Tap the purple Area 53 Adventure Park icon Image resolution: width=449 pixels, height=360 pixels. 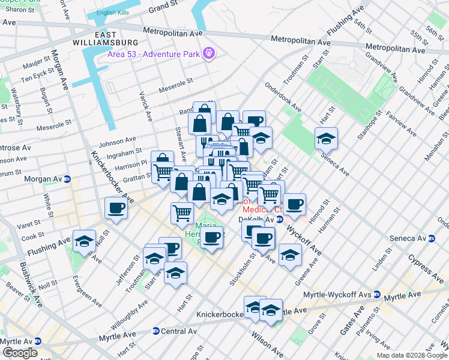pos(209,53)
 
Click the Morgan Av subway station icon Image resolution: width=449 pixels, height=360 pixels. pos(68,179)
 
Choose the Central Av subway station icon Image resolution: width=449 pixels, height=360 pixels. pos(155,331)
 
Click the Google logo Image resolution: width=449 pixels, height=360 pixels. pos(20,353)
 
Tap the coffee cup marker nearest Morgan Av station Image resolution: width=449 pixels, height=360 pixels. pos(115,208)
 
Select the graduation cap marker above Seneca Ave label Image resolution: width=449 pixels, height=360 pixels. pos(326,139)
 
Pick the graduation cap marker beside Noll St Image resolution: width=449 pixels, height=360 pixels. pos(84,241)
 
